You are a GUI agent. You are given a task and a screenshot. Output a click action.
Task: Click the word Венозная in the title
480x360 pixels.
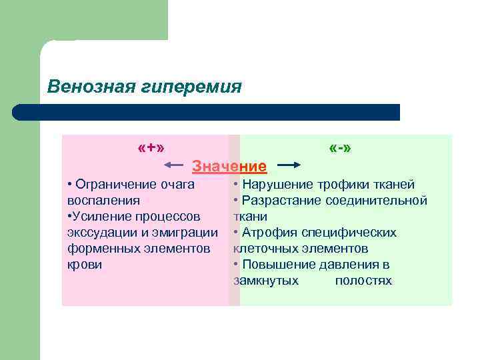tap(83, 87)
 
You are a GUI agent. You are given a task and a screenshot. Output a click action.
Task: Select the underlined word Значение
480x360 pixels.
tap(229, 165)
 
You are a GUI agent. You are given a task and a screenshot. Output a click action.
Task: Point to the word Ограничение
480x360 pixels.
tap(117, 185)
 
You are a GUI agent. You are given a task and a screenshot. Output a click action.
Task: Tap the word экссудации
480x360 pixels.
tap(101, 232)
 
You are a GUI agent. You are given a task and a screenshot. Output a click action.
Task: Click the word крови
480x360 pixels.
tap(85, 264)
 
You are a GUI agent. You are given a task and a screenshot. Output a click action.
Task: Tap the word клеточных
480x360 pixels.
tap(265, 249)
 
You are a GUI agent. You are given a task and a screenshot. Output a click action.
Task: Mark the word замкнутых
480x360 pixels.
tap(266, 281)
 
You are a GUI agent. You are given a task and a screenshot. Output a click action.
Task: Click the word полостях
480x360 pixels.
tap(363, 281)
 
